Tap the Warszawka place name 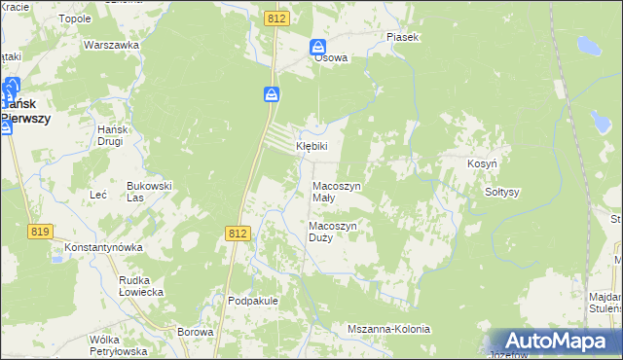pyautogui.click(x=107, y=46)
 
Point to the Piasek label pyautogui.click(x=402, y=37)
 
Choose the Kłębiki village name pyautogui.click(x=311, y=146)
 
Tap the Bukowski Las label pyautogui.click(x=149, y=191)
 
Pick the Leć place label pyautogui.click(x=98, y=195)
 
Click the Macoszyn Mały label pyautogui.click(x=336, y=191)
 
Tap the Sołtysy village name pyautogui.click(x=502, y=192)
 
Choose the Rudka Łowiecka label pyautogui.click(x=140, y=285)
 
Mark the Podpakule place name pyautogui.click(x=253, y=301)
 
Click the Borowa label pyautogui.click(x=196, y=332)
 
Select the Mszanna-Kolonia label pyautogui.click(x=388, y=329)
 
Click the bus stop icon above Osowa pyautogui.click(x=318, y=47)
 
